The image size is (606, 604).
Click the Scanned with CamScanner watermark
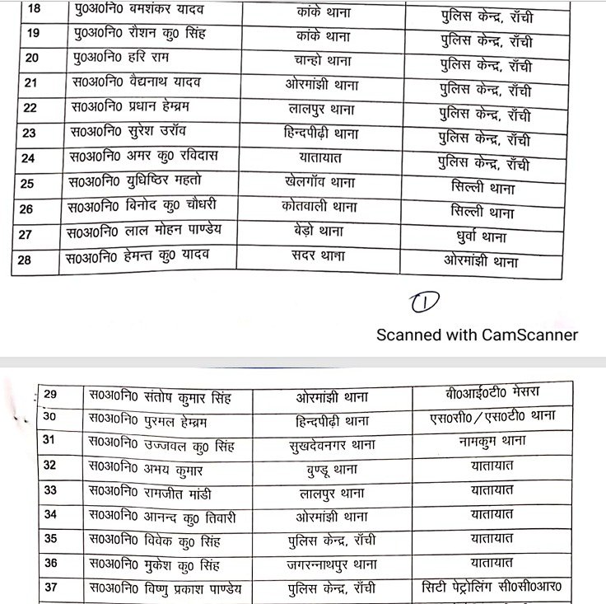pos(477,335)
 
